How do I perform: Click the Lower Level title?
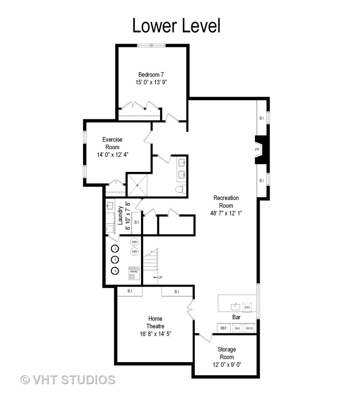176,26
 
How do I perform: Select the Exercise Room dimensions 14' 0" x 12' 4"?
113,154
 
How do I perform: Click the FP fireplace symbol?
257,150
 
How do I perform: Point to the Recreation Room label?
226,202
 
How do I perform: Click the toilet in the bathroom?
180,189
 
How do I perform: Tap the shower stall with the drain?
137,185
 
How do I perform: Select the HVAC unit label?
134,271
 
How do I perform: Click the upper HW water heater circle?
134,242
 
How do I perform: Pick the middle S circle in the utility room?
116,259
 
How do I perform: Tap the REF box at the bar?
223,328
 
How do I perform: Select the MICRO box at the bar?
249,328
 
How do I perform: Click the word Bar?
237,317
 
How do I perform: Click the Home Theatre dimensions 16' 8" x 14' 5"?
155,334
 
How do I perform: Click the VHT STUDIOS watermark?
68,380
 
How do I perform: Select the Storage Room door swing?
205,338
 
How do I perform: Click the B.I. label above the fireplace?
261,118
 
